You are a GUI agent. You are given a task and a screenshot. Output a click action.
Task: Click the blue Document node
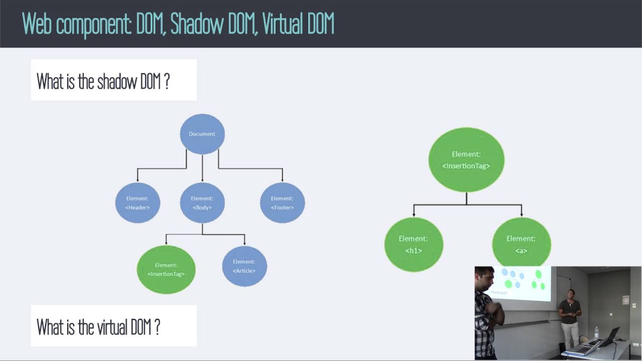coord(202,134)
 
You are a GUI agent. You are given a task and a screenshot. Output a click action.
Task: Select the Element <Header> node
coord(137,203)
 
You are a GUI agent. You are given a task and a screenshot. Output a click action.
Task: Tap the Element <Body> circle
coord(202,203)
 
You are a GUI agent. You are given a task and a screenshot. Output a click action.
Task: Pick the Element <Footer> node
coord(282,203)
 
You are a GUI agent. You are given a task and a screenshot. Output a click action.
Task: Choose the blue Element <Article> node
coord(244,266)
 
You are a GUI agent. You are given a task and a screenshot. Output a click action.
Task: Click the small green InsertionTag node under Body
coord(166,269)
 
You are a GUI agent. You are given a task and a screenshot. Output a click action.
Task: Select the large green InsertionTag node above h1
coord(466,159)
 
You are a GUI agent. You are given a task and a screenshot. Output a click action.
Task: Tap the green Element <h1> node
coord(413,244)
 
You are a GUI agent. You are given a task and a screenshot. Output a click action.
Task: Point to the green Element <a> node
coord(521,244)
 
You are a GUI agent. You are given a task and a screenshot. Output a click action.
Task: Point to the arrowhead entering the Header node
coord(137,179)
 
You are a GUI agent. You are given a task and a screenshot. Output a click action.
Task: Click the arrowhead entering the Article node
coord(245,243)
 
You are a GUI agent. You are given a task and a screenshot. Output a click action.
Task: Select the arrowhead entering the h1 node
coord(414,214)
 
